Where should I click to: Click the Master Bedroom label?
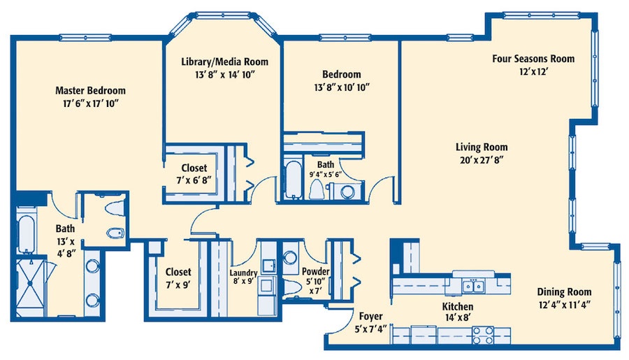coord(90,90)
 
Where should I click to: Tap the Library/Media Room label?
coord(224,62)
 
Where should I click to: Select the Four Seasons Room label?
coord(533,59)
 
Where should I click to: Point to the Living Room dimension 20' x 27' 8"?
coord(482,160)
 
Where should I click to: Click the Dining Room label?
coord(564,291)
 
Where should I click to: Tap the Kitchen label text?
coord(457,307)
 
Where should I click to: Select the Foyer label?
coord(370,316)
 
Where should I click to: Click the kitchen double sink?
coord(473,286)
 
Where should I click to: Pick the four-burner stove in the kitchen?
coord(482,336)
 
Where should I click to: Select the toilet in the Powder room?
coord(291,287)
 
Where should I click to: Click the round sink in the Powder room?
coord(289,257)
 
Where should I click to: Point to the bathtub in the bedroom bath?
coord(293,180)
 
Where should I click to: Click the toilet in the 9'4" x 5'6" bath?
coord(318,189)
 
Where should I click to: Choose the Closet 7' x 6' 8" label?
coord(194,174)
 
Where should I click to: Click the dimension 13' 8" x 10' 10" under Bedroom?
coord(341,87)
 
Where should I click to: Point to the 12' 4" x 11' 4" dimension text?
coord(564,305)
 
